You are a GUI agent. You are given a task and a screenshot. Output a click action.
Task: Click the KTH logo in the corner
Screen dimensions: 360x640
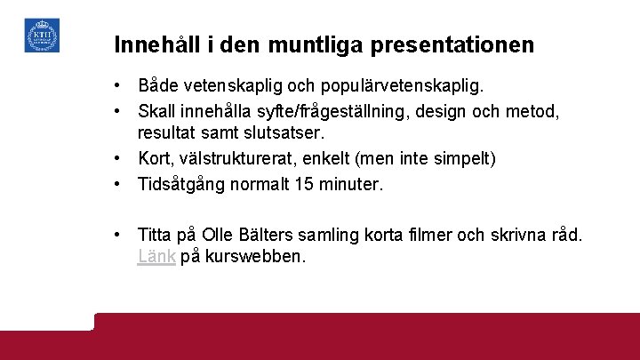click(x=42, y=35)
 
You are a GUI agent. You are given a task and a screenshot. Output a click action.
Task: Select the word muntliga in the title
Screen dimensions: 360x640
click(x=321, y=44)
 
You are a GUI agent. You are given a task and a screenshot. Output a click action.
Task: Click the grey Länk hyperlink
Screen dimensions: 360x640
click(x=156, y=257)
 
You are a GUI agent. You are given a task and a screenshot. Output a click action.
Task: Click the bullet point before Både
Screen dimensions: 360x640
click(x=117, y=87)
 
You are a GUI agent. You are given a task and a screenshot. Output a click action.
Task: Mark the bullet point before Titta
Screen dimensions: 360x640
click(x=117, y=236)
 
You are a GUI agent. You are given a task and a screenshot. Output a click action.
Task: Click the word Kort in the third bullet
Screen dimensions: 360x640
click(x=154, y=158)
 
